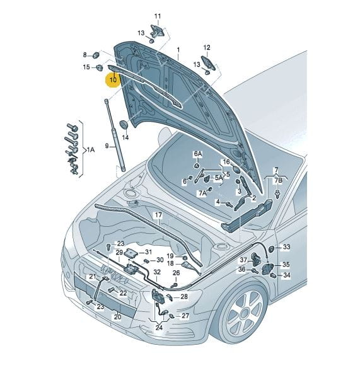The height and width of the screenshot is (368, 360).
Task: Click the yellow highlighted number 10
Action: point(113,79)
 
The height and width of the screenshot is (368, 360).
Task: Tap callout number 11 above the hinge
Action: point(158,16)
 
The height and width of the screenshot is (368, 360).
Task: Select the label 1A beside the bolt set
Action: point(91,149)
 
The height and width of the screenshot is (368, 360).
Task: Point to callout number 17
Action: point(158,215)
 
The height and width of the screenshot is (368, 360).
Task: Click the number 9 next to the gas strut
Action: point(107,146)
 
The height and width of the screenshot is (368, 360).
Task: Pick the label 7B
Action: point(279,180)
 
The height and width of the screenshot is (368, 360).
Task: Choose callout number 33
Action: point(286,247)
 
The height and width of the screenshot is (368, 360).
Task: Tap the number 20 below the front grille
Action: point(118,317)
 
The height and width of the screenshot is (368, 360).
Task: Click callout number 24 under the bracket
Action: point(159,328)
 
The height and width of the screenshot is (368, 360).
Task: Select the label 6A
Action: point(198,154)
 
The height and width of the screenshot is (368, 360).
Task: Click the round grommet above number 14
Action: point(124,124)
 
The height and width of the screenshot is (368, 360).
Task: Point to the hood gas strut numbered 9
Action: point(115,135)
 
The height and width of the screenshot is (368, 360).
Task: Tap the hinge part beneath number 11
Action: point(158,30)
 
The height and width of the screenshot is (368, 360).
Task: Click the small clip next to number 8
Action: point(96,55)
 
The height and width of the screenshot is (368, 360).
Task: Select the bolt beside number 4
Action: point(229,204)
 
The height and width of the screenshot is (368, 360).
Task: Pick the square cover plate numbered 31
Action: point(131,253)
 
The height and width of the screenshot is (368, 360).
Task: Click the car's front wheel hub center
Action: point(244,313)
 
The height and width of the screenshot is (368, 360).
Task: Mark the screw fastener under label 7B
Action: point(278,194)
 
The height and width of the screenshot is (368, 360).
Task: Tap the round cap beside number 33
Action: point(272,249)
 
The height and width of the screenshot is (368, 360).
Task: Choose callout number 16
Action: point(226,162)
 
